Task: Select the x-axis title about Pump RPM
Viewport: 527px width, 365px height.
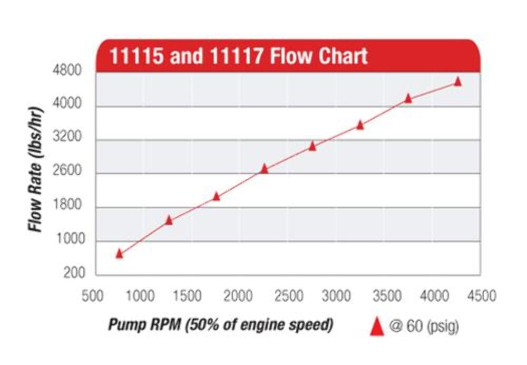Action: click(220, 325)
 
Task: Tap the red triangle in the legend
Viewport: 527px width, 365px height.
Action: click(377, 328)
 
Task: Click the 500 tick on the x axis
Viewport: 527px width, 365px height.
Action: click(93, 296)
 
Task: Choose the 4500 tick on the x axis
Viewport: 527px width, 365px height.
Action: click(482, 296)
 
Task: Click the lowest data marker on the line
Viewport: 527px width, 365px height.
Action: click(119, 254)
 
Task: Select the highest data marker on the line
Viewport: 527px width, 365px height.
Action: click(457, 81)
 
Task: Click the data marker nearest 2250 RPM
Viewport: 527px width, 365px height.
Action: click(265, 169)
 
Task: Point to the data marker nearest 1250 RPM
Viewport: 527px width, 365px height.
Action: click(169, 220)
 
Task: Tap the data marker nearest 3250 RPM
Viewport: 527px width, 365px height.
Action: click(360, 125)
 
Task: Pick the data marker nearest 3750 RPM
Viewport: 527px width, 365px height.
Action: click(408, 98)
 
